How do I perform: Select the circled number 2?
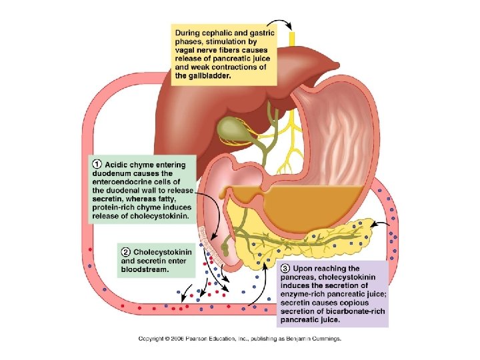[125, 251]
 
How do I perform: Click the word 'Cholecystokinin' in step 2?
[163, 252]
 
